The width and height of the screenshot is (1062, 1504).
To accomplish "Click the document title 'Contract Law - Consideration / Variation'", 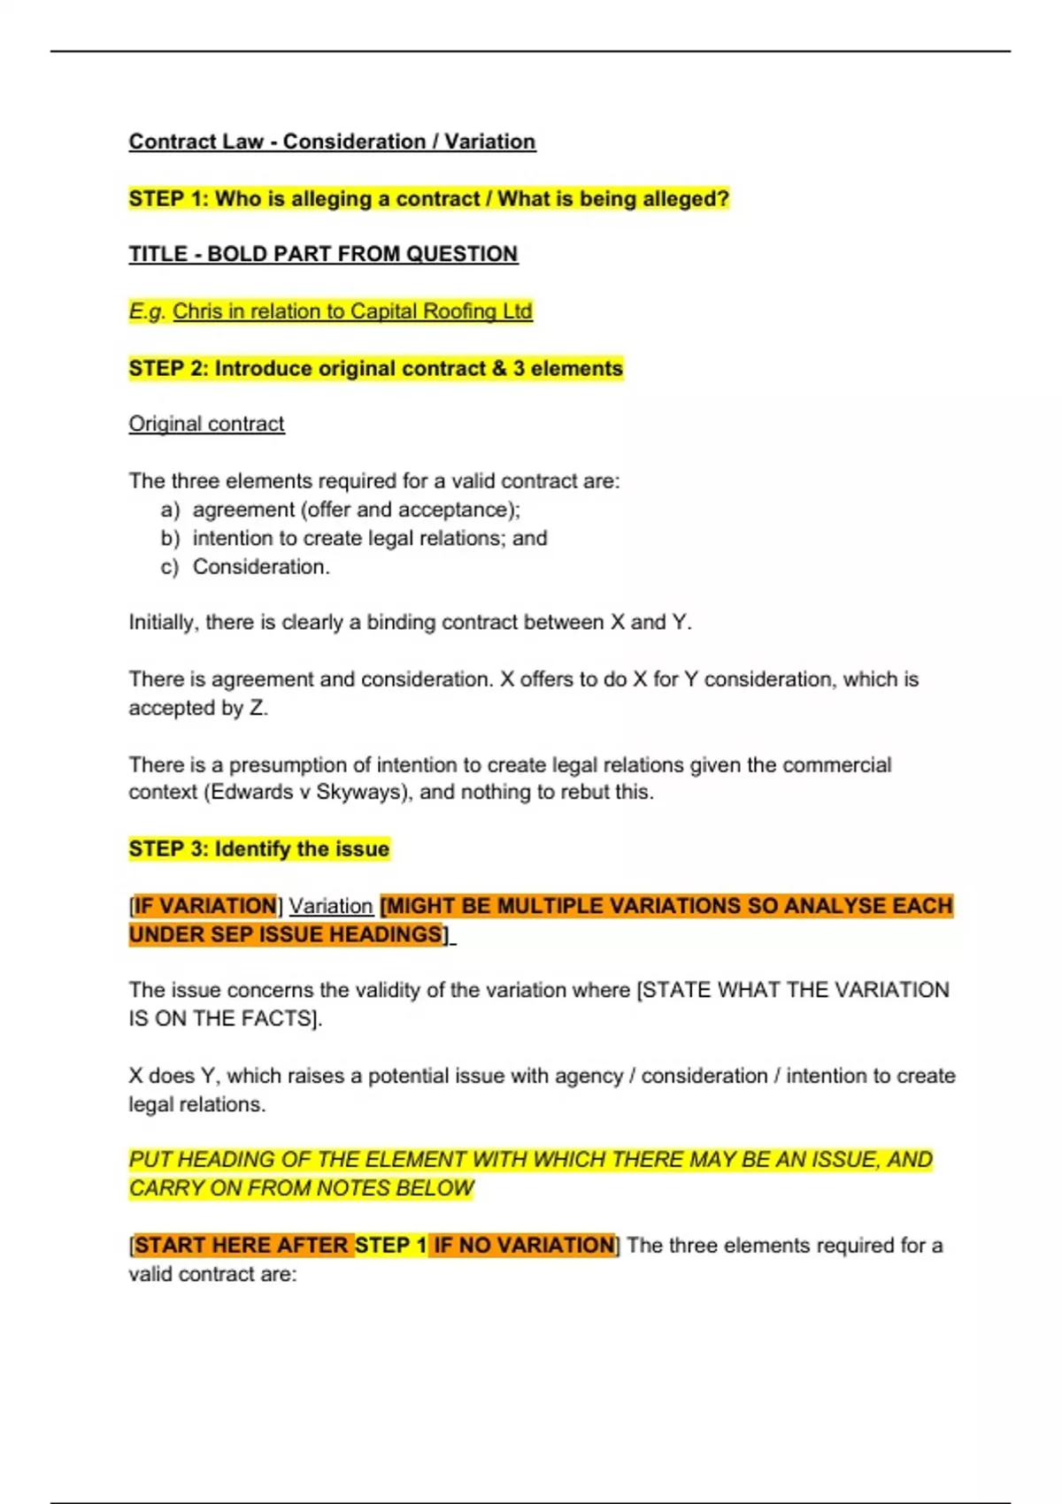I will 332,142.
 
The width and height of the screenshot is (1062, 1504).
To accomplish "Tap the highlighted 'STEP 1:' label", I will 168,199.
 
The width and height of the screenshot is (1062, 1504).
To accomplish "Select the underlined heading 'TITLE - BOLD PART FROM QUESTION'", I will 323,255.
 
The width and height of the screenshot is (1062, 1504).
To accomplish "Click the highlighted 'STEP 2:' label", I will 168,369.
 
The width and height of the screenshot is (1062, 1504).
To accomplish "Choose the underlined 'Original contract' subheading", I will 206,425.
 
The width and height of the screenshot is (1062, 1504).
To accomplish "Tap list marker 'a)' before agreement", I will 170,510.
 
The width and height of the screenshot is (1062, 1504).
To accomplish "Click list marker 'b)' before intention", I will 170,539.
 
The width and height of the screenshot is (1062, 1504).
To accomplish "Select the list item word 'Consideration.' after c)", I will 261,567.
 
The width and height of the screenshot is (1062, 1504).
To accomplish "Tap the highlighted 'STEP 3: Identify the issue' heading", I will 258,849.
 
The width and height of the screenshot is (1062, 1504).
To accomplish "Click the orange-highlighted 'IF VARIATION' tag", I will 204,906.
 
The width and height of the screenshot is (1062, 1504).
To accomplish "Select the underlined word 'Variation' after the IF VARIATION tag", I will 331,907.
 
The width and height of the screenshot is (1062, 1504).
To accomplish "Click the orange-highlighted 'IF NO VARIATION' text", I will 523,1246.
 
